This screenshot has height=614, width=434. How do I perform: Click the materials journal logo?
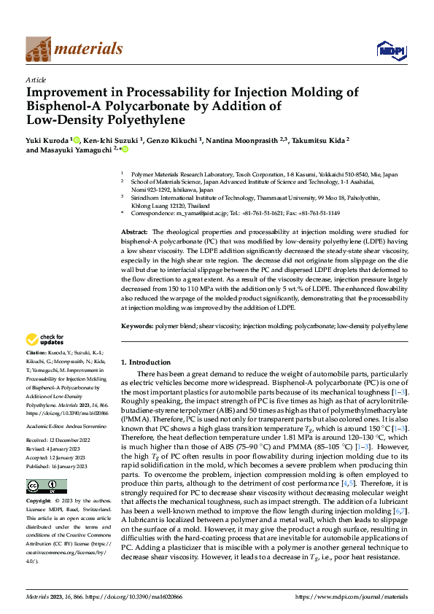[x=74, y=49]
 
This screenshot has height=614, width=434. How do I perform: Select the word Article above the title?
[x=36, y=80]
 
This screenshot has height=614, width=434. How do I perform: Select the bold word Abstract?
[x=136, y=231]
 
